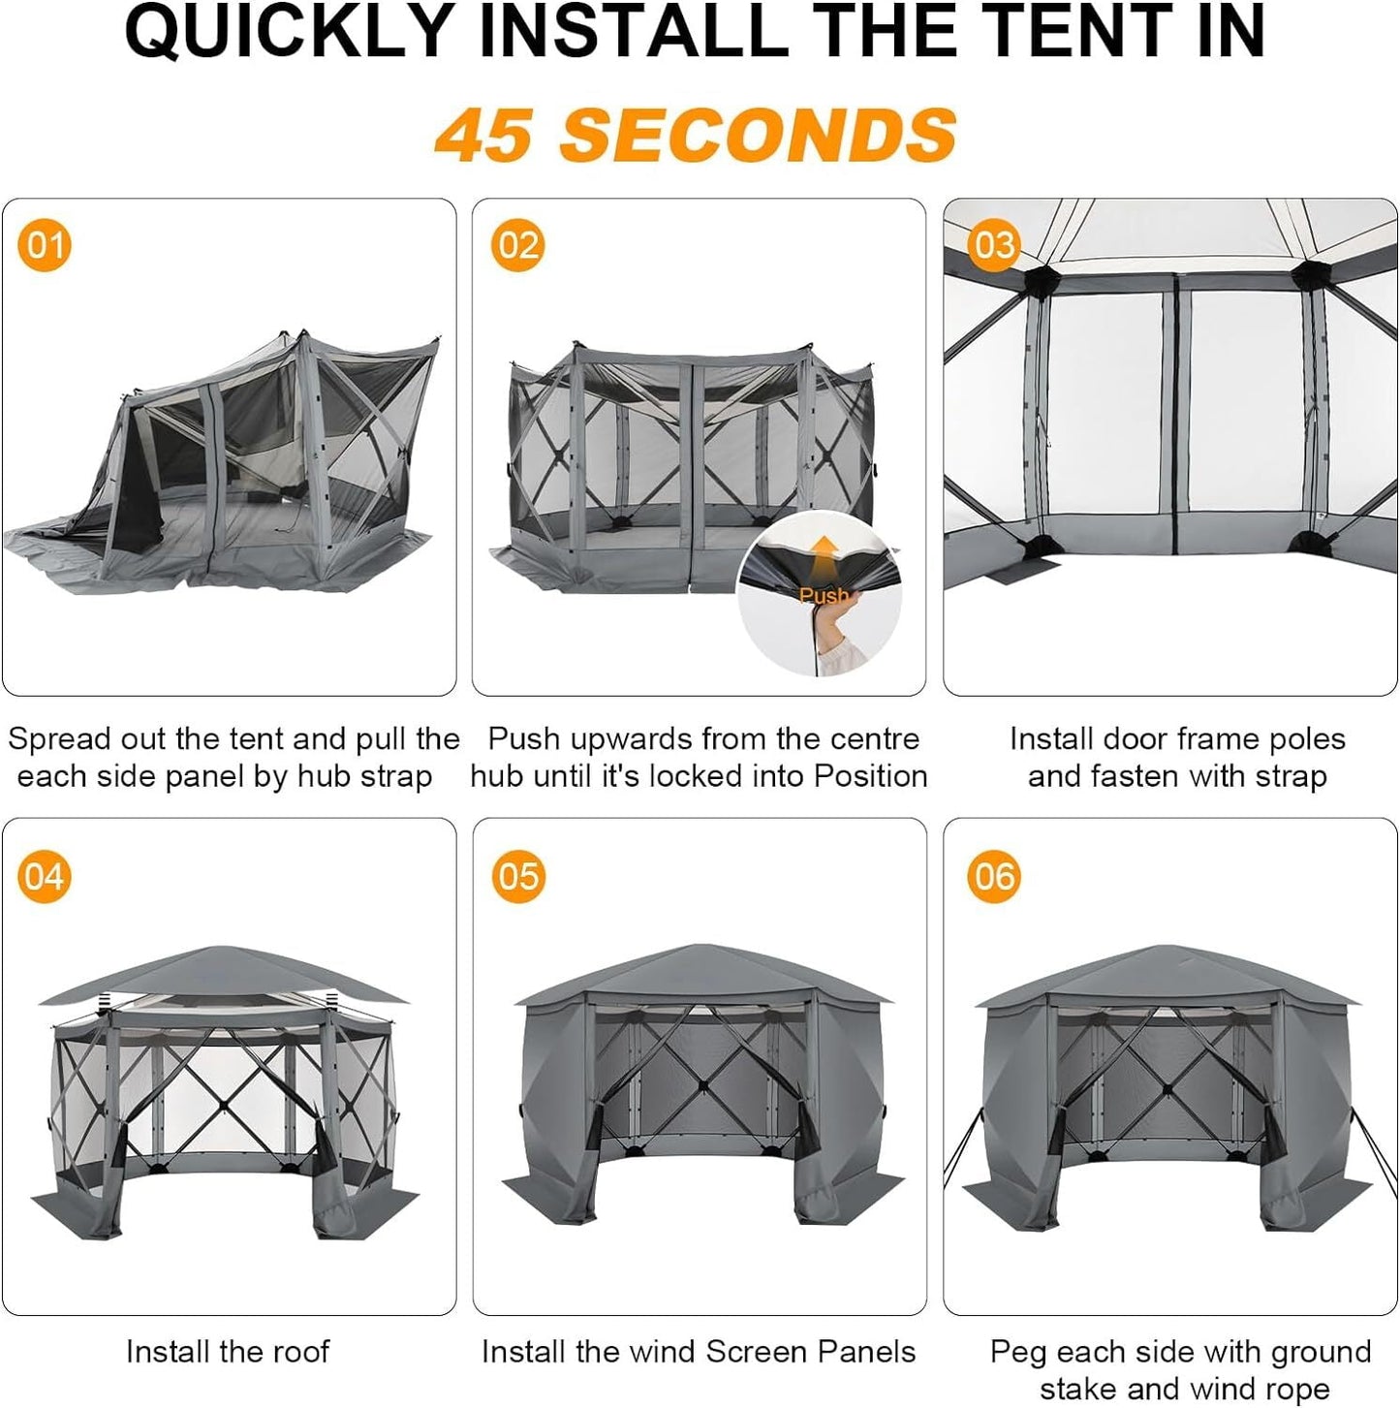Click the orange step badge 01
[45, 244]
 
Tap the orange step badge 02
[517, 244]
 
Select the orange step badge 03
[993, 244]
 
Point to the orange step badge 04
[45, 876]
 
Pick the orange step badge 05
[517, 876]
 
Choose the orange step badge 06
[993, 876]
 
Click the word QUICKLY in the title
[290, 32]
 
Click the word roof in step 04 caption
[299, 1352]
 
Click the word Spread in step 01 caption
[59, 739]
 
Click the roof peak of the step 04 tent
[225, 949]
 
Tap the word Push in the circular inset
[824, 595]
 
